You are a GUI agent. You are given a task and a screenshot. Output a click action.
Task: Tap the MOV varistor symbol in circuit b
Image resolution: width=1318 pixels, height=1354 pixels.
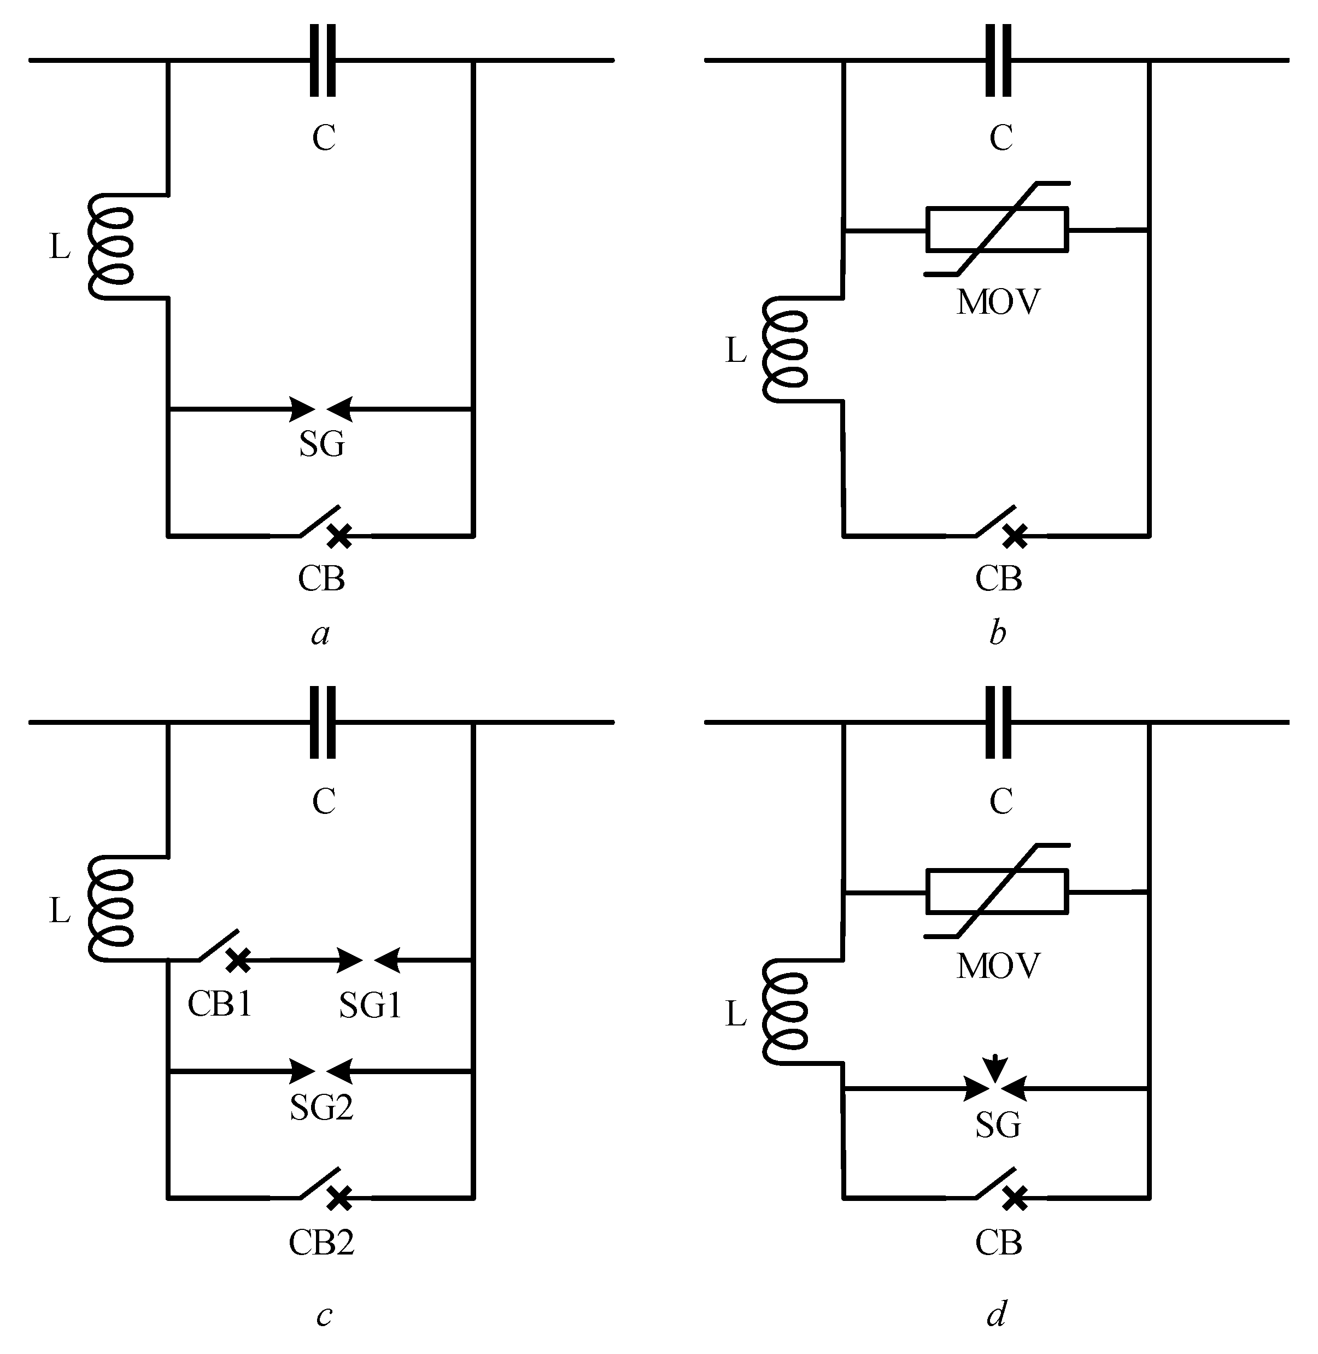coord(997,229)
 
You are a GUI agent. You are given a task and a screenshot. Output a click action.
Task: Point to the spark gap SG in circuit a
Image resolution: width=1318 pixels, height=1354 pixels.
coord(321,409)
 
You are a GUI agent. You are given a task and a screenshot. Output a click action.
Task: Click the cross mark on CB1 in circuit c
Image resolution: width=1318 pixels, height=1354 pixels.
coord(239,959)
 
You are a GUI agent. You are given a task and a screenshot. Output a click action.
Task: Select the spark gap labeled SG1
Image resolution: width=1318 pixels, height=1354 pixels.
coord(368,960)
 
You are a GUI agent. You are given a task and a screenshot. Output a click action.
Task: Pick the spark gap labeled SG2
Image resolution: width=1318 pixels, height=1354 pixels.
coord(321,1071)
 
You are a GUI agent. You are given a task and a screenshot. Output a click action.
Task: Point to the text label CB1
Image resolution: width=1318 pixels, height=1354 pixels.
coord(219,1004)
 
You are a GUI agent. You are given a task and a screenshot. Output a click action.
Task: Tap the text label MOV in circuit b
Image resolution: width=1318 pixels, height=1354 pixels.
coord(998,302)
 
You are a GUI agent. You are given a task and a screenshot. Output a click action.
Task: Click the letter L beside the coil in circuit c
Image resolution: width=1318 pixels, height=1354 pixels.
coord(60,912)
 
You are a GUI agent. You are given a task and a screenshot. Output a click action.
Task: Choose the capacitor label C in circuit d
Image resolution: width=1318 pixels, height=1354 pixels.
coord(1001,801)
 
